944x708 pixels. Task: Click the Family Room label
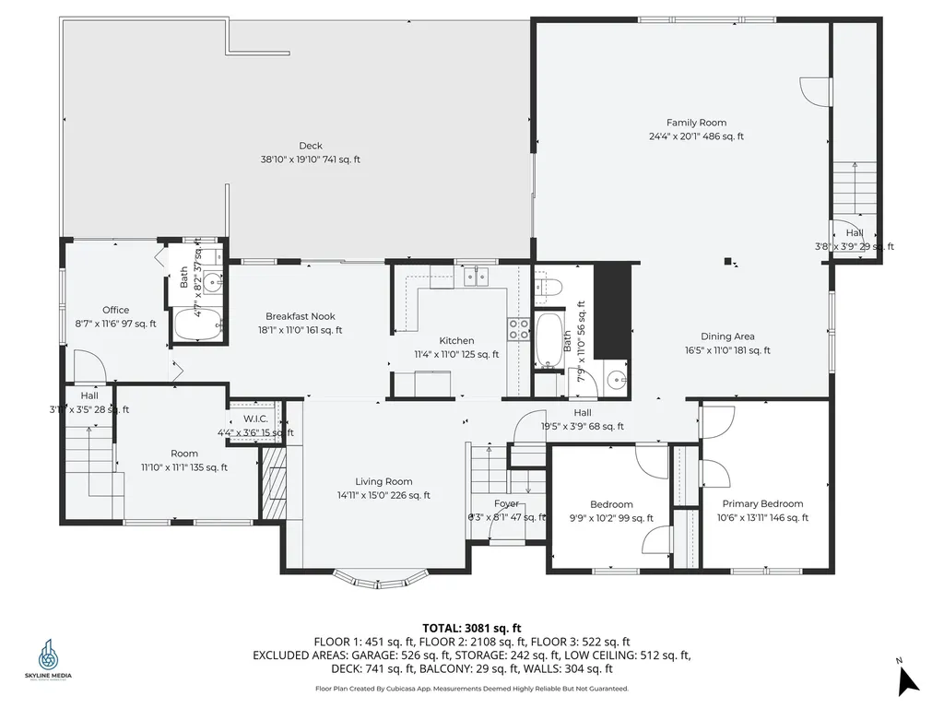coord(696,123)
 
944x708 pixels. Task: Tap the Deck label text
coord(311,146)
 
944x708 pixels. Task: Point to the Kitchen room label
coord(456,341)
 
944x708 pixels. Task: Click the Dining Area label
coord(727,336)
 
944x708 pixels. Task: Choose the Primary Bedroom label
coord(762,504)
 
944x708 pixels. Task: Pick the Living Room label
coord(383,481)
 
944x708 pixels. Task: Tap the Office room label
coord(116,311)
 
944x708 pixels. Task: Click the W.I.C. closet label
coord(255,419)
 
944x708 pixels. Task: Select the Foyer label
coord(506,504)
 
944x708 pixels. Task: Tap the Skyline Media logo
coord(48,660)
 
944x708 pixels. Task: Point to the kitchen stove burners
coord(518,330)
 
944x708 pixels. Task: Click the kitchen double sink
coord(478,276)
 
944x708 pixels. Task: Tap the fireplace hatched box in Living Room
coord(275,482)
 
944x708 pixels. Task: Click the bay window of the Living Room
coord(380,579)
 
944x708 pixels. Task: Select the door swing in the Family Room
coord(810,89)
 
